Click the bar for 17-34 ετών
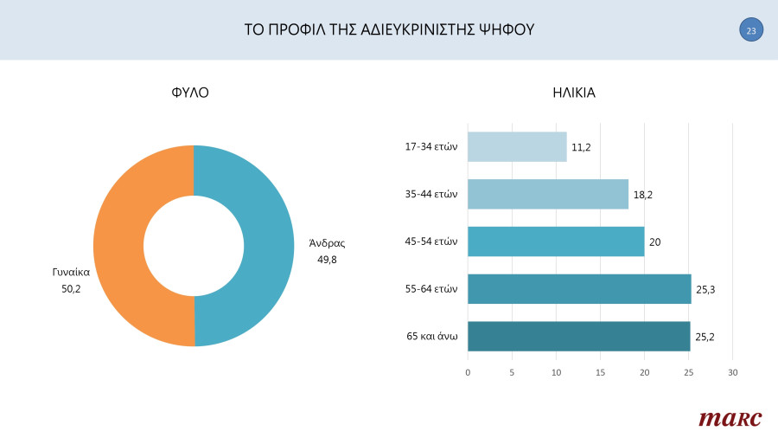coord(517,146)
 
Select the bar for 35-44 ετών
coord(548,194)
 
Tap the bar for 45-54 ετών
coord(556,242)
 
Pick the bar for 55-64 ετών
coord(579,289)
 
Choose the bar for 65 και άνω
coord(578,336)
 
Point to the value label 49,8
coord(327,259)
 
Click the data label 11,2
coord(582,147)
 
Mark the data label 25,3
coord(706,289)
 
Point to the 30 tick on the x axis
coord(732,372)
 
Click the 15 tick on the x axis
coord(600,372)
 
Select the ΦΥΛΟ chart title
coord(190,93)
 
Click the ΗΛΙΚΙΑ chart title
coord(574,93)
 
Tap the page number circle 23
coord(751,30)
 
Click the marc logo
coord(730,418)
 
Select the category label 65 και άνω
coord(431,336)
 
